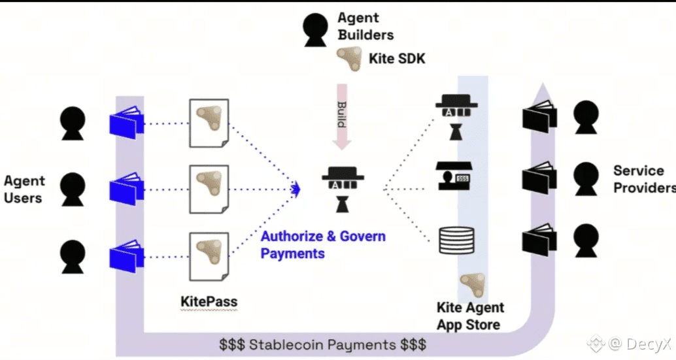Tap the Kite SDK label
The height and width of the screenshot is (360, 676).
coord(397,59)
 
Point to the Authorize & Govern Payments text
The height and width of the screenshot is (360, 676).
coord(323,244)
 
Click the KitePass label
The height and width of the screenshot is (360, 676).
coord(209,302)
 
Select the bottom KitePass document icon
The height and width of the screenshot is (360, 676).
coord(209,257)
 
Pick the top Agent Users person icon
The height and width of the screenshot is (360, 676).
coord(73,123)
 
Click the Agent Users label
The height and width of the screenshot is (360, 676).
coord(24,189)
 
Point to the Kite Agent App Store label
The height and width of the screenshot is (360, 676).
coord(469,316)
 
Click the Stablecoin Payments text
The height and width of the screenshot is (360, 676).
coord(322,344)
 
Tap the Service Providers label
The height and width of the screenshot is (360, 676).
coord(643,179)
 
